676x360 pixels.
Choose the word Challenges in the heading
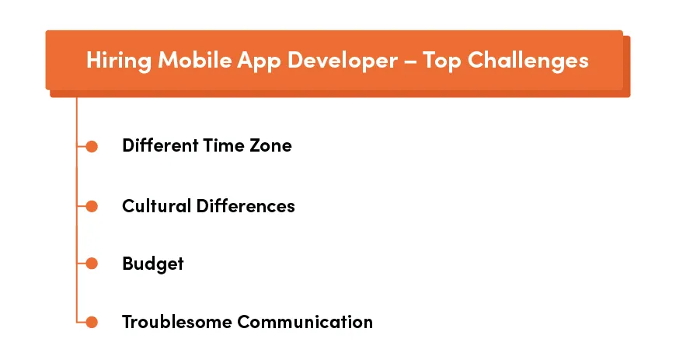click(531, 61)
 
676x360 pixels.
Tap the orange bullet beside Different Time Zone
click(92, 146)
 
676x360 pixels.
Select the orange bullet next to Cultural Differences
click(92, 206)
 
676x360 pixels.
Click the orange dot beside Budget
click(92, 264)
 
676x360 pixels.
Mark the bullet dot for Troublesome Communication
click(92, 322)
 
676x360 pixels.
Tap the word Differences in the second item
click(246, 206)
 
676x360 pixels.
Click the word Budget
click(153, 264)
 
